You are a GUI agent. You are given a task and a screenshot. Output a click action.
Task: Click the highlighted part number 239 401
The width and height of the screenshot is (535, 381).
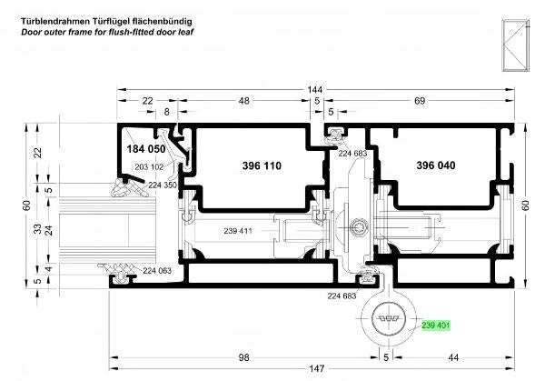click(x=436, y=326)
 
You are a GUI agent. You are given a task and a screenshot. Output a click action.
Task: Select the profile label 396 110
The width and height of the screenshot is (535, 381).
click(x=262, y=166)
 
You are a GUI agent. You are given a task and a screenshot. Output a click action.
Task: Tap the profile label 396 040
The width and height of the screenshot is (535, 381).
click(x=436, y=165)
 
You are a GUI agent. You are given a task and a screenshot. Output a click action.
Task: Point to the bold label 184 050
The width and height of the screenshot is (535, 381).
click(x=146, y=149)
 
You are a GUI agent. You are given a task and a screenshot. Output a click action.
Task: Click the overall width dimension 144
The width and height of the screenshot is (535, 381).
click(x=314, y=90)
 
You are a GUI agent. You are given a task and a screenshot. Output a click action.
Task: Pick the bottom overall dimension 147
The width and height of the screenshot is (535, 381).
click(x=317, y=368)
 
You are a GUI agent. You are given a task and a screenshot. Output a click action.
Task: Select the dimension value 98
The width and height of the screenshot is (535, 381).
click(x=243, y=357)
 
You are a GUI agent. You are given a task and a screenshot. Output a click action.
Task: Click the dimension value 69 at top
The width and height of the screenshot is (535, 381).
click(x=420, y=101)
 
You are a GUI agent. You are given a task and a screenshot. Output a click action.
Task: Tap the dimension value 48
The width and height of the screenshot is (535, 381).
click(x=244, y=101)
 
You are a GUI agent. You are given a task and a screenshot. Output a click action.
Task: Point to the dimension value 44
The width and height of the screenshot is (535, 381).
click(x=453, y=357)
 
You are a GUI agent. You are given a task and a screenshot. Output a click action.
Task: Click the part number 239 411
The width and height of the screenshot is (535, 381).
click(x=238, y=231)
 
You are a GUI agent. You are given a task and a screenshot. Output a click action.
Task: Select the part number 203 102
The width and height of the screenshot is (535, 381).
click(x=149, y=167)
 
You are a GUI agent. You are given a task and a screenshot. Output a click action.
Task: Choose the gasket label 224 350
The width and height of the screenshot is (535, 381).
click(x=163, y=185)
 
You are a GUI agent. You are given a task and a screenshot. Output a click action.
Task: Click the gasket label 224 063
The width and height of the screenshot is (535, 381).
click(x=157, y=271)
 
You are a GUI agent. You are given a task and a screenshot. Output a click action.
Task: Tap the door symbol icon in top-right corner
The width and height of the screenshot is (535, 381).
click(x=515, y=45)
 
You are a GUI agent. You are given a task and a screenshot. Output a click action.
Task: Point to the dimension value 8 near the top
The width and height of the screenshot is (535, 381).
click(x=166, y=112)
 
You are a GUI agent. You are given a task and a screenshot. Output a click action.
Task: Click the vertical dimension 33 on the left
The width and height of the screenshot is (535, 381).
click(x=38, y=228)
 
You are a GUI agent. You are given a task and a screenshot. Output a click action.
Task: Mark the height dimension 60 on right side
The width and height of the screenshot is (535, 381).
click(x=525, y=206)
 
